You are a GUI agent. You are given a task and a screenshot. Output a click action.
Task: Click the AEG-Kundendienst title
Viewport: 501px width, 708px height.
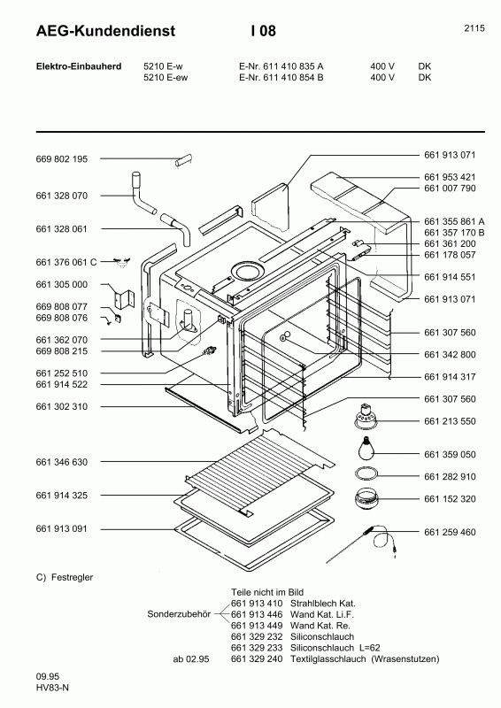[x=93, y=31]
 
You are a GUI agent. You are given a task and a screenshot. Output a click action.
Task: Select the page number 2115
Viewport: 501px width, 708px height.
[x=474, y=28]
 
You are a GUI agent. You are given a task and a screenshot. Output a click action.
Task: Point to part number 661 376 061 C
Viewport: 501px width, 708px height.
[x=66, y=262]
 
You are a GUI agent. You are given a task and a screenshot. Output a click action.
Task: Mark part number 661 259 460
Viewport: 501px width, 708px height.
[x=450, y=532]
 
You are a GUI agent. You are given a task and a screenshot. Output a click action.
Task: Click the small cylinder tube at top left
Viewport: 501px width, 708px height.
[x=184, y=161]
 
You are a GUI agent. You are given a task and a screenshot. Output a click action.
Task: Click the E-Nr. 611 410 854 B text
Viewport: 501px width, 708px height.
[x=281, y=77]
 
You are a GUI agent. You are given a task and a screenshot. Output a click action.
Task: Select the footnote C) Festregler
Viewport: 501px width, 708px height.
[x=65, y=577]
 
